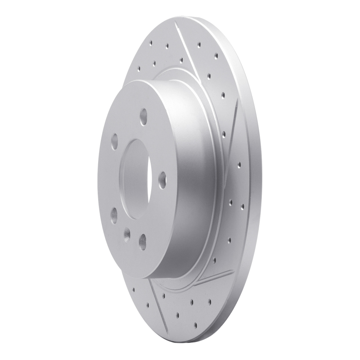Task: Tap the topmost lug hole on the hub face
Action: (x=144, y=117)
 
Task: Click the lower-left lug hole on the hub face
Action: (x=114, y=216)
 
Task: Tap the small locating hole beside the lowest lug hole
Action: (x=127, y=234)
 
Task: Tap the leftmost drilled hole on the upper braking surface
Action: (x=139, y=69)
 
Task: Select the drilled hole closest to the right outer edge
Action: (x=242, y=207)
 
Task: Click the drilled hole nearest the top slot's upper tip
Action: (x=166, y=45)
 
